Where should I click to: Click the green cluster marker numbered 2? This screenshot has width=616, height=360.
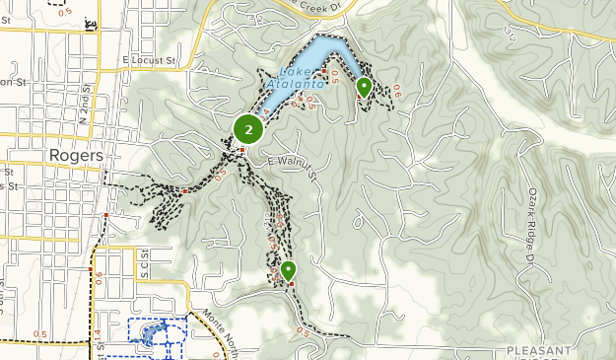(x=248, y=128)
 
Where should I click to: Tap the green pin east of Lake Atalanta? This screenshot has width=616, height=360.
(x=364, y=87)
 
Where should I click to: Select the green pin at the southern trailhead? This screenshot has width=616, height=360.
(x=288, y=270)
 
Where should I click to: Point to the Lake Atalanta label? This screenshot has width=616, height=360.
(x=302, y=78)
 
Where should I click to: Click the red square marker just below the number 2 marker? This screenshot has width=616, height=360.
(x=241, y=149)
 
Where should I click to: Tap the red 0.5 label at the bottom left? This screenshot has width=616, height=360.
(x=40, y=334)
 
